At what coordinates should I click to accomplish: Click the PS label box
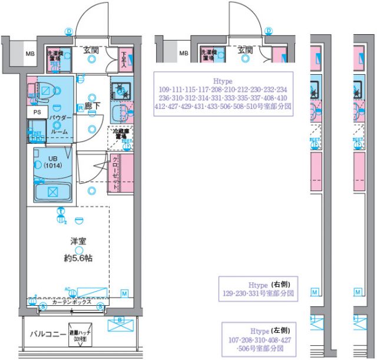37,112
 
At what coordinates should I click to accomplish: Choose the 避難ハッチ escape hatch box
78,335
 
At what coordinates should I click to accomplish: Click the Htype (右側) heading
258,283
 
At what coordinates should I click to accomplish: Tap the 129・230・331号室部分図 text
258,292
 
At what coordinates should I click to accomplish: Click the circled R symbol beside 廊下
80,107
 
